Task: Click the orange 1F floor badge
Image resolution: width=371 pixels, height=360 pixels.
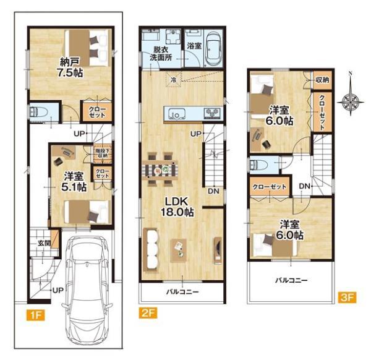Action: [35, 315]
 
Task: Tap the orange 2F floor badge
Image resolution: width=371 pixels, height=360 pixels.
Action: [148, 312]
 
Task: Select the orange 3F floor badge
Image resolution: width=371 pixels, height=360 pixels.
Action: [347, 298]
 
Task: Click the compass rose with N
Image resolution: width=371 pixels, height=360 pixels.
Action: [351, 101]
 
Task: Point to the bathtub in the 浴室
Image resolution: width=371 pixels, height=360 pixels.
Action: [214, 49]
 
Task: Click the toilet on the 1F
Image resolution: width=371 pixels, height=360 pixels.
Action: [38, 112]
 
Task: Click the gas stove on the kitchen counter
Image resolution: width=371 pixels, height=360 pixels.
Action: [212, 113]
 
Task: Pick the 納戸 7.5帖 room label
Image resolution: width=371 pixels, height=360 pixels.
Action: [69, 68]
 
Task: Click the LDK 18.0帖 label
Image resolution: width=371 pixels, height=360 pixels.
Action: [177, 207]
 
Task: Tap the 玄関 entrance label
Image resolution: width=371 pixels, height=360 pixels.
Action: [44, 243]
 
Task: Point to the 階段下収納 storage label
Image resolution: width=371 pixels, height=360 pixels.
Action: [102, 153]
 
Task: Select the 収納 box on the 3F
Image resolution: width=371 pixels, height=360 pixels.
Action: [322, 80]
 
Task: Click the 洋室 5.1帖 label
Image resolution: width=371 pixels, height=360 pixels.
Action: [74, 182]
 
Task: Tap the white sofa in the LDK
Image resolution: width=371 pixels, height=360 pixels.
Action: [150, 250]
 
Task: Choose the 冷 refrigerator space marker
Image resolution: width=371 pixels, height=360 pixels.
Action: [173, 80]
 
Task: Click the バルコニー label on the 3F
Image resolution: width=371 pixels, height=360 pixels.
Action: [291, 280]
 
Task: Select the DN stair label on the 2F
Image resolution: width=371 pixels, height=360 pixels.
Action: [213, 191]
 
